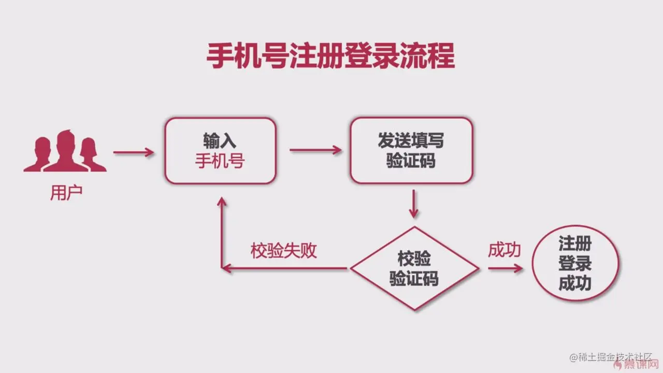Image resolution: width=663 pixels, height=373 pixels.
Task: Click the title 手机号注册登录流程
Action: (x=330, y=56)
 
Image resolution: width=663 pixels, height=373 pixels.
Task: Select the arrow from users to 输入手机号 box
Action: (x=134, y=152)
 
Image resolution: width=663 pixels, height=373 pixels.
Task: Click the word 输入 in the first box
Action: (x=220, y=141)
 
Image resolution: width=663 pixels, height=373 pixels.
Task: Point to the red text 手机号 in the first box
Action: (x=220, y=162)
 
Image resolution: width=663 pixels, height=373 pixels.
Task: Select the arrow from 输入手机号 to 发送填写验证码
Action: (x=315, y=150)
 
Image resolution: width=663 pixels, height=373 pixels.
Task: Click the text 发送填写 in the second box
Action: (x=411, y=141)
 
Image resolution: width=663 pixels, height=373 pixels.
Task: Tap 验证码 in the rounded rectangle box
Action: (x=411, y=161)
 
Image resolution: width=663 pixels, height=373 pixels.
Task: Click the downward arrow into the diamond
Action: (x=413, y=204)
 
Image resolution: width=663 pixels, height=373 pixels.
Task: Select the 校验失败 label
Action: (x=283, y=251)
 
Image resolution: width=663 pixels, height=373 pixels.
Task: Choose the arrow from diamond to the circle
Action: (x=505, y=268)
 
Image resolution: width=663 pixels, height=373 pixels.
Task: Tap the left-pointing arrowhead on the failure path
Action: (x=226, y=268)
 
